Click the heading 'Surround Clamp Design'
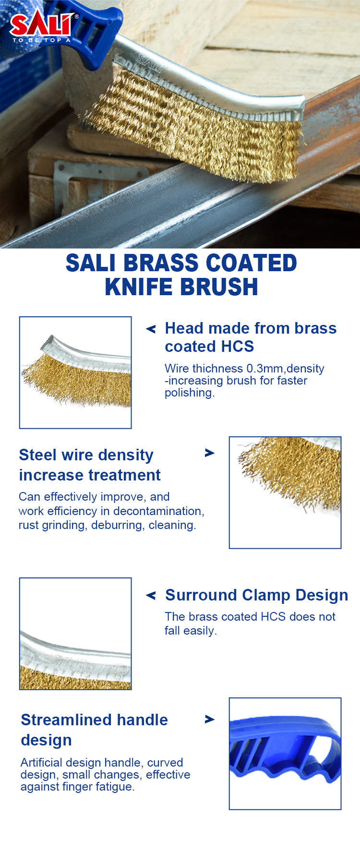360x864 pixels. (x=256, y=595)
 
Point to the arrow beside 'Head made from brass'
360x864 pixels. (x=151, y=329)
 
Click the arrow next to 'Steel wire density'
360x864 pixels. (x=210, y=453)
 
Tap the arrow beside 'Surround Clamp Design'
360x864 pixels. (x=151, y=595)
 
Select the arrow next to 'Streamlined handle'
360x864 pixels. (x=210, y=719)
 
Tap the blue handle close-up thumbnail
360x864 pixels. (x=285, y=754)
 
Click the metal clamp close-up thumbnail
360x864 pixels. (x=75, y=634)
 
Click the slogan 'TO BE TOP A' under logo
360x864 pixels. (x=42, y=40)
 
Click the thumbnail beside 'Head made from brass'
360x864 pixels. (x=75, y=372)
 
